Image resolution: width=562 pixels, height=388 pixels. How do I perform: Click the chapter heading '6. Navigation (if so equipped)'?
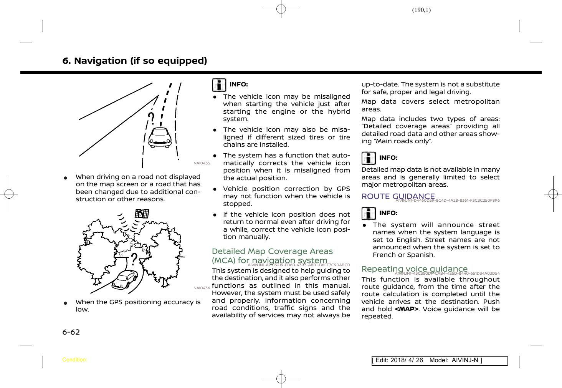(x=135, y=61)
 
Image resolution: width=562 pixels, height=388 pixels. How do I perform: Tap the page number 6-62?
(x=71, y=332)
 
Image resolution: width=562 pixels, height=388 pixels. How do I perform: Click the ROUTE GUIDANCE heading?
(x=398, y=196)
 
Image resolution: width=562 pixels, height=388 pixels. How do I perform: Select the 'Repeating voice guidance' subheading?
(x=415, y=269)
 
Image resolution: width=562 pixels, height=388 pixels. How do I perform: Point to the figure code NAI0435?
(x=202, y=163)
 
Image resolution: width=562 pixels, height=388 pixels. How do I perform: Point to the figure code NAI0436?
(x=202, y=288)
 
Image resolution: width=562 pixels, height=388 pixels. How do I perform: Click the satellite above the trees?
(x=142, y=214)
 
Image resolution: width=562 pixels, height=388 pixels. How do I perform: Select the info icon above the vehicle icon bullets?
(x=219, y=85)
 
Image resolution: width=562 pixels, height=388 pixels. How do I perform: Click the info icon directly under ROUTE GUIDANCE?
(x=369, y=214)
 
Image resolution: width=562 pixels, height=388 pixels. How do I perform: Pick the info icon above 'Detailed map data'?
(x=369, y=158)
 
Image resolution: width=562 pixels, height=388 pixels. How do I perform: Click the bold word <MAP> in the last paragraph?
(x=407, y=309)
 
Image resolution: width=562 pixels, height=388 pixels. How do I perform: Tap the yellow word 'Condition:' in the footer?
(x=75, y=360)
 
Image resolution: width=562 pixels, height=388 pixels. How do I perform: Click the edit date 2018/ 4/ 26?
(x=407, y=360)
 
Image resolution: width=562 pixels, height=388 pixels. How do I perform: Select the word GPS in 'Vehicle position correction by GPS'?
(x=343, y=189)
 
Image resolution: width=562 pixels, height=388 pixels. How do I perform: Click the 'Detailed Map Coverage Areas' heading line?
(x=272, y=252)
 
